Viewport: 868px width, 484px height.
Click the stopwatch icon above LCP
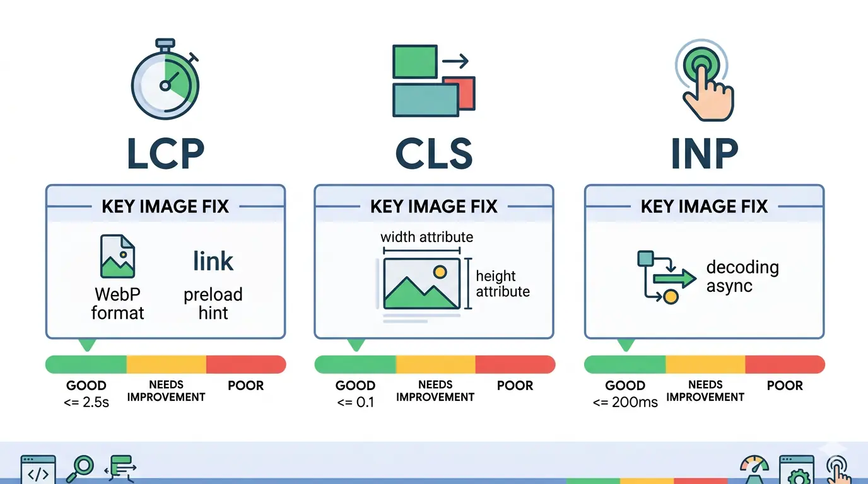click(x=165, y=82)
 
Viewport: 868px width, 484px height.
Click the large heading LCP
click(x=165, y=153)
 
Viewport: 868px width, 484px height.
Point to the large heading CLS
click(x=433, y=153)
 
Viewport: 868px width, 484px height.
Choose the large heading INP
click(x=704, y=153)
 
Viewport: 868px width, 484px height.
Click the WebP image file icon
click(x=117, y=257)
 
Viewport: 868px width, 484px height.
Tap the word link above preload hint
click(x=213, y=261)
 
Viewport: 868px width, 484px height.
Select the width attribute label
click(x=426, y=238)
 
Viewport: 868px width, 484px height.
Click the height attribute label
click(x=502, y=284)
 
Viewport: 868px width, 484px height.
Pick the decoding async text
click(x=742, y=276)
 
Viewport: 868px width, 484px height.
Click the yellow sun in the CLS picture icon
click(x=440, y=272)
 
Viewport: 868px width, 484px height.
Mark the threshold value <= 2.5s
click(x=86, y=402)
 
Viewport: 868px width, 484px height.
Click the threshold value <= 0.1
click(x=356, y=402)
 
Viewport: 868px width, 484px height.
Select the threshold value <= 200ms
click(x=625, y=402)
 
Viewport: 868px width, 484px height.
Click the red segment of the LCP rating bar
click(x=245, y=364)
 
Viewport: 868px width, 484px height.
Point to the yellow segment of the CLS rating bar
click(x=435, y=364)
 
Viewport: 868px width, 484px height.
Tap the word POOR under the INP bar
click(x=785, y=386)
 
